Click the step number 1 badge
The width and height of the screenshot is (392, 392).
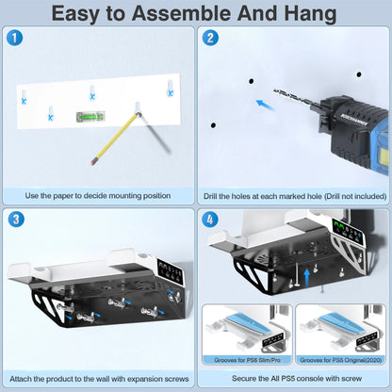click(13, 38)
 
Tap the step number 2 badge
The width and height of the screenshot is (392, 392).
click(210, 38)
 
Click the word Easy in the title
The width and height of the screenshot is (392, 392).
click(84, 13)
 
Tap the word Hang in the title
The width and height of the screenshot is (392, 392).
click(312, 13)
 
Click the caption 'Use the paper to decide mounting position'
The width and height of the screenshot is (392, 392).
click(98, 196)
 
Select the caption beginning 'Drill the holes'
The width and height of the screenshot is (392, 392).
click(294, 196)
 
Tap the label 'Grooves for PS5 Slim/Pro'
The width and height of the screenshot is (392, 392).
click(247, 359)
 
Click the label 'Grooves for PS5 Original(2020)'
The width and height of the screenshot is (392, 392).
click(340, 359)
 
